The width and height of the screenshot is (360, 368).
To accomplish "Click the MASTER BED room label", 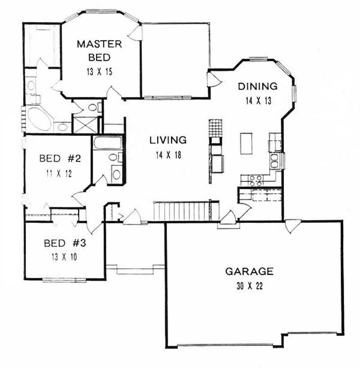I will click(99, 50).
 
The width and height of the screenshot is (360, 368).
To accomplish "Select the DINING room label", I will click(257, 86).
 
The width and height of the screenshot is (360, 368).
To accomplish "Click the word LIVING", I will click(168, 140).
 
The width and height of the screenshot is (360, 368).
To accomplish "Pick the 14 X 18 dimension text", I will click(168, 154).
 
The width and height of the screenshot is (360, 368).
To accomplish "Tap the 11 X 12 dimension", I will click(59, 172).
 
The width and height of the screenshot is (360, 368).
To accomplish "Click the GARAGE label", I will click(249, 271).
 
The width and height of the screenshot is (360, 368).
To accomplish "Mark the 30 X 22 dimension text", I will click(249, 286).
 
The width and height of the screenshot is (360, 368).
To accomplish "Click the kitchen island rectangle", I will click(245, 143).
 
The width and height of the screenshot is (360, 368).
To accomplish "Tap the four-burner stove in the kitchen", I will click(256, 180).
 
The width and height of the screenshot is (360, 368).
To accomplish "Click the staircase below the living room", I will click(182, 211).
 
